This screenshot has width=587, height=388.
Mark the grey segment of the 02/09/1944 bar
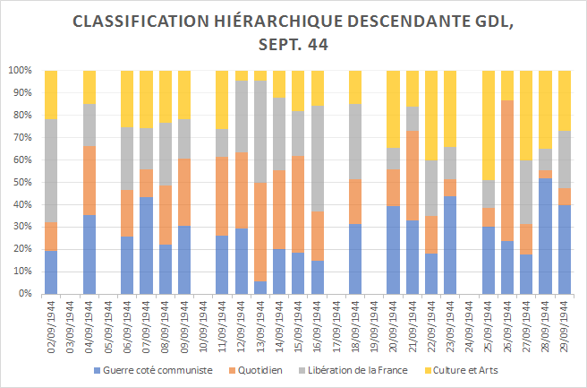pos(51,170)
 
